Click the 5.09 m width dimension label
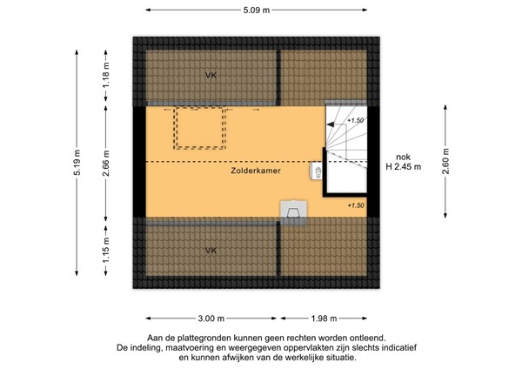[256, 10]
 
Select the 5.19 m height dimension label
[77, 163]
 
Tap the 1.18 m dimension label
[106, 75]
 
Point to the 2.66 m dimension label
[106, 164]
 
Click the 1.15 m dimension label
[106, 250]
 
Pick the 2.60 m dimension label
[445, 161]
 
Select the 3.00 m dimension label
[211, 319]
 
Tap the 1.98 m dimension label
[324, 319]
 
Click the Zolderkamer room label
[256, 171]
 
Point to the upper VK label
[211, 75]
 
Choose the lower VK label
[211, 251]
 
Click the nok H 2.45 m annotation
[403, 162]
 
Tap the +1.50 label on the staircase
[355, 120]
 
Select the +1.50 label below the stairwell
[356, 205]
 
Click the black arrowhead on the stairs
[331, 124]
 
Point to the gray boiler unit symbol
[293, 213]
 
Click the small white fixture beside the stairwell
[316, 171]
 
